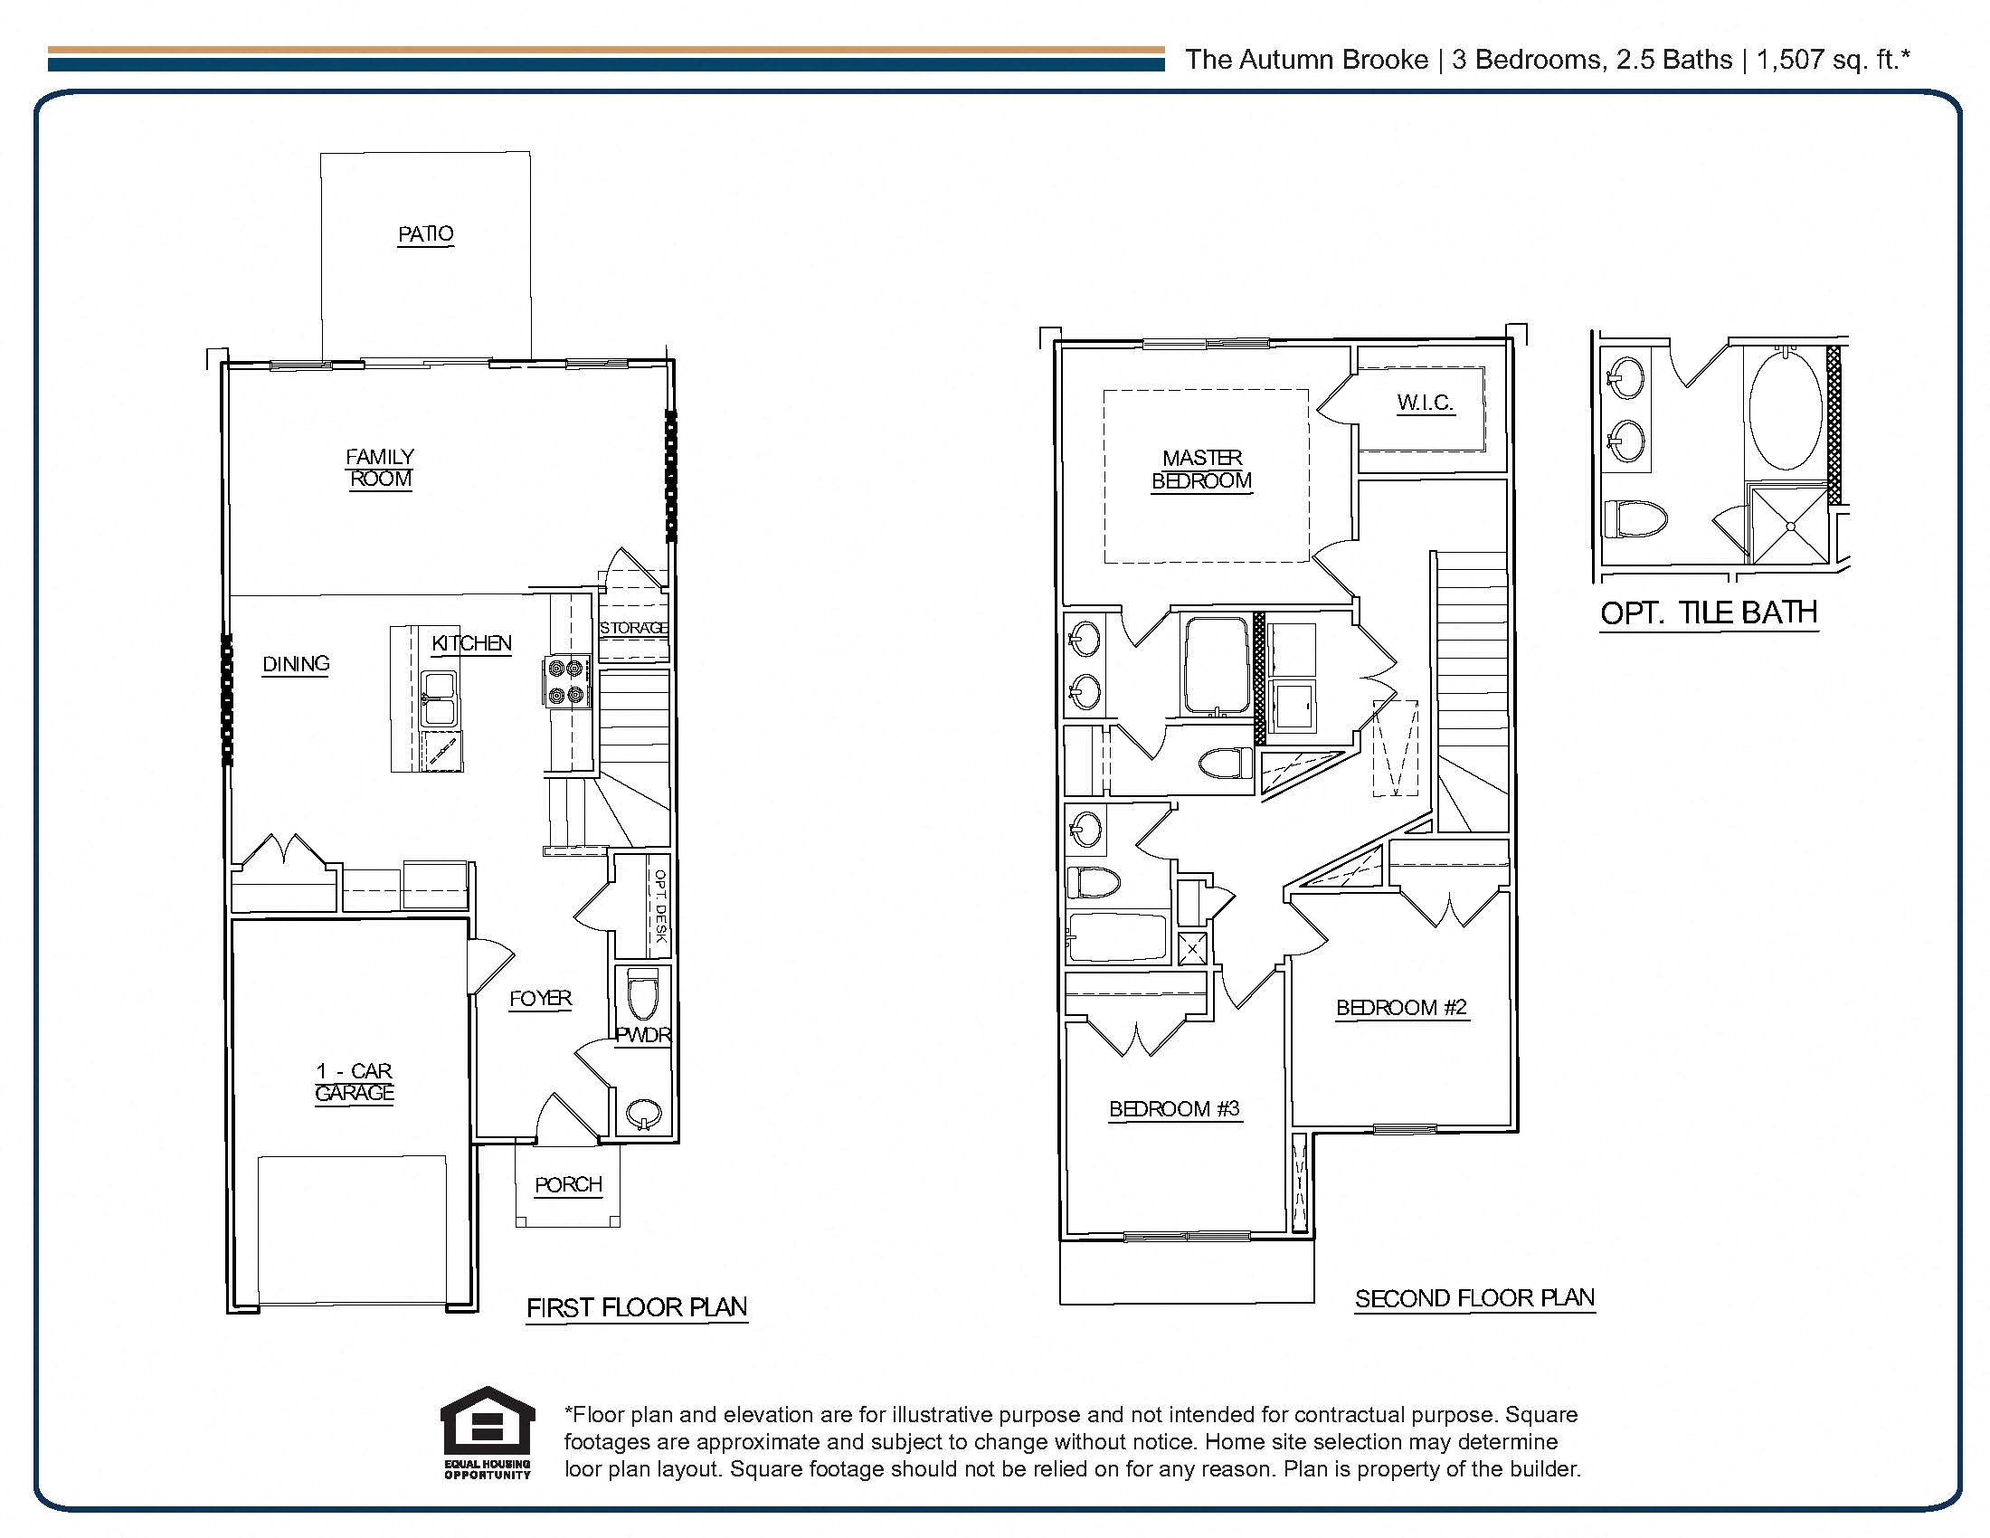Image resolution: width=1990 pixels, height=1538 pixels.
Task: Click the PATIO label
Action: click(x=425, y=234)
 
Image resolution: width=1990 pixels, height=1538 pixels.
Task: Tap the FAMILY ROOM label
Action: click(x=380, y=468)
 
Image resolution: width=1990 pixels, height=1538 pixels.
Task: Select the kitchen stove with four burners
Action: click(x=565, y=682)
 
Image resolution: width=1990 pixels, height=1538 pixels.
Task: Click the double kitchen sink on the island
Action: click(x=441, y=699)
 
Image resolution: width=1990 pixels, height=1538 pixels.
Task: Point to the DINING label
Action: click(x=295, y=664)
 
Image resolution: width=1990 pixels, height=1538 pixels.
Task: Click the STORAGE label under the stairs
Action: click(x=633, y=628)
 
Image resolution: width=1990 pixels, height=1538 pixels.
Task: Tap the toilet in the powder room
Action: click(x=643, y=995)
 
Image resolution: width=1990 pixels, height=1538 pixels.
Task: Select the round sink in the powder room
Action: click(x=645, y=1114)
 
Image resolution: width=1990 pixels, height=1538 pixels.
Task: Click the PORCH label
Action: click(x=568, y=1184)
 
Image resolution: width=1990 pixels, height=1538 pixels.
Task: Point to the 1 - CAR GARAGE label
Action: click(x=354, y=1081)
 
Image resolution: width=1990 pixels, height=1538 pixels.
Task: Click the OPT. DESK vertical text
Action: click(x=660, y=906)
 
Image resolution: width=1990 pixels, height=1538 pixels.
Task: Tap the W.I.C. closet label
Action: click(x=1424, y=403)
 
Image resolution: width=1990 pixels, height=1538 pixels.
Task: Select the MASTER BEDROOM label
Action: click(x=1201, y=470)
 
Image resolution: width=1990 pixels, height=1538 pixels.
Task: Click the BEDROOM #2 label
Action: click(x=1400, y=1007)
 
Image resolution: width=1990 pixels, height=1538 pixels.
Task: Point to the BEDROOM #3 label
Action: click(x=1173, y=1109)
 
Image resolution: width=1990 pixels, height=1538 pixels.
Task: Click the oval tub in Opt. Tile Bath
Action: click(x=1785, y=410)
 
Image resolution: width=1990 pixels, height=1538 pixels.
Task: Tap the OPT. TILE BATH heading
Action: click(x=1709, y=612)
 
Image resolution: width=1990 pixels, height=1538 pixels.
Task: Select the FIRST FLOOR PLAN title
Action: click(x=636, y=1307)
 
